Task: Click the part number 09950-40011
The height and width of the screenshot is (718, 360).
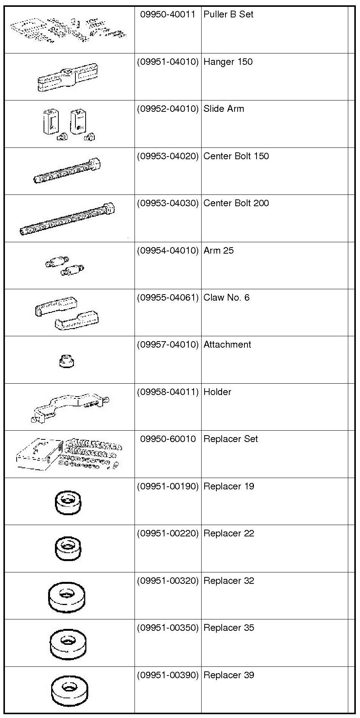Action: coord(167,14)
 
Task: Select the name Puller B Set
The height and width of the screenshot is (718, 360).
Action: coord(228,14)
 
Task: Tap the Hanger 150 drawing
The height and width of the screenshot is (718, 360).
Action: coord(67,78)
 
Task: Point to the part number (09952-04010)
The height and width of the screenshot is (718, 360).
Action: coord(167,109)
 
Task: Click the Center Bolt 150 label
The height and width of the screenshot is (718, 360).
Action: coord(236,156)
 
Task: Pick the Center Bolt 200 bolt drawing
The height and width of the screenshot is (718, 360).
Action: coord(67,219)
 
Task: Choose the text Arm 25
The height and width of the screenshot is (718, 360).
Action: coord(218,251)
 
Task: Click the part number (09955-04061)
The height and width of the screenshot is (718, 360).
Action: coord(167,298)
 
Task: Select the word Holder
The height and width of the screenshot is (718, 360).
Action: coord(217,392)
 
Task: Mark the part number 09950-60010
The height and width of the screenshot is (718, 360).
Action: coord(167,439)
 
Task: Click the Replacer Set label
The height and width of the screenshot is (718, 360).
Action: coord(230,439)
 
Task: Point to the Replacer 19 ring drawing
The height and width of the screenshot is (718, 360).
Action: coord(68,503)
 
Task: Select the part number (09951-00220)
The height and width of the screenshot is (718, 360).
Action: coord(167,533)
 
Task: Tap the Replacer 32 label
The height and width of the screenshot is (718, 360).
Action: coord(229,581)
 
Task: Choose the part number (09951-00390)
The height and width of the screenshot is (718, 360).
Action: coord(167,675)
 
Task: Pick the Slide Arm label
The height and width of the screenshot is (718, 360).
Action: coord(224,109)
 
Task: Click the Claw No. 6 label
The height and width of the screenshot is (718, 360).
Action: coord(226,298)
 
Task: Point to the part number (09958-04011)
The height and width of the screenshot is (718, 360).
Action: coord(167,392)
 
